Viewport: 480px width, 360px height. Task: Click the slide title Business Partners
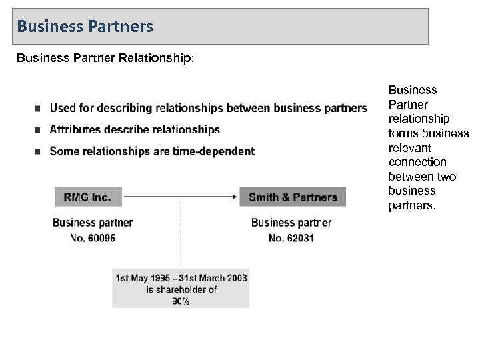(85, 27)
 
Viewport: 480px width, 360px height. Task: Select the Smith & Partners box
(293, 197)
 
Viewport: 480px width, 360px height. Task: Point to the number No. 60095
(93, 237)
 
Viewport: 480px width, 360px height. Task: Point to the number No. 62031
(291, 237)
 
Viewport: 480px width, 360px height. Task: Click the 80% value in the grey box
(181, 301)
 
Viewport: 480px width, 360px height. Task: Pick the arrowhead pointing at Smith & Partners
(244, 197)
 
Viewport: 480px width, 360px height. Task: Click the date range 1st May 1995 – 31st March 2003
(181, 277)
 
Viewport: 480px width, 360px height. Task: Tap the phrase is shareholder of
(181, 289)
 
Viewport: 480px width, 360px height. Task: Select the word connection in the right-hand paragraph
(417, 162)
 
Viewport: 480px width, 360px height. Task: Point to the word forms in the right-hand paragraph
(402, 133)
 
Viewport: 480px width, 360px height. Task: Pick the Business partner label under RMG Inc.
(93, 223)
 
